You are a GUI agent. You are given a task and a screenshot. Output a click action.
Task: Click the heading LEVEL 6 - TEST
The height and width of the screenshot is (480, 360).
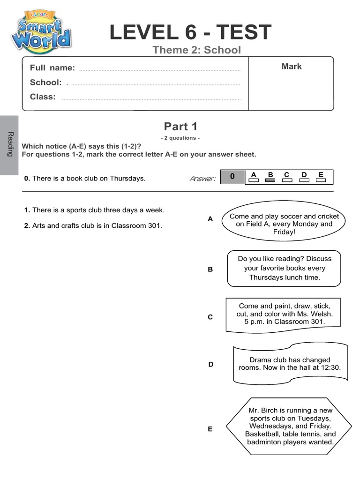190,32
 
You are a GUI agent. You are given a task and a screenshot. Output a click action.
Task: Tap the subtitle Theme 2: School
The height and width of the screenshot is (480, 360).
196,50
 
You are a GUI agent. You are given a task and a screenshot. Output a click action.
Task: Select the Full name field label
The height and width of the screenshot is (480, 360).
52,68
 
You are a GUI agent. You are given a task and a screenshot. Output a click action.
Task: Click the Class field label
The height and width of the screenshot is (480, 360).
43,97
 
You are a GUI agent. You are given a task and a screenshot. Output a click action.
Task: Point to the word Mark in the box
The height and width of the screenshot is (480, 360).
291,67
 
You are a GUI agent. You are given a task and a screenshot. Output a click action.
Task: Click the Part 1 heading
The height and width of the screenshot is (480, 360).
180,127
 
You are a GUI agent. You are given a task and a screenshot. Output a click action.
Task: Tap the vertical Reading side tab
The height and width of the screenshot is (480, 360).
10,145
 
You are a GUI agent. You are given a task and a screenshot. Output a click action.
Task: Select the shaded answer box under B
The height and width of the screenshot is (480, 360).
270,180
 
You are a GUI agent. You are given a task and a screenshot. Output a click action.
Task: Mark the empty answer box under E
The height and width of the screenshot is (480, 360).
321,180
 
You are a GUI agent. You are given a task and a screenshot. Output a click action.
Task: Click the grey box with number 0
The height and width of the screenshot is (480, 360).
232,177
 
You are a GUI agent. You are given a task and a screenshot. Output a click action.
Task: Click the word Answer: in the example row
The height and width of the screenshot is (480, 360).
202,179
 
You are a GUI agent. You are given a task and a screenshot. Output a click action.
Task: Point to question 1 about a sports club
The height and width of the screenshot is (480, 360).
94,210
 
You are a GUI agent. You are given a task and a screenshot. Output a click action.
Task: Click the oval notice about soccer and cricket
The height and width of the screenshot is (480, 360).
284,224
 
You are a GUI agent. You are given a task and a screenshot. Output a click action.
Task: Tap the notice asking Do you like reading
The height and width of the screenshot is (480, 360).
284,268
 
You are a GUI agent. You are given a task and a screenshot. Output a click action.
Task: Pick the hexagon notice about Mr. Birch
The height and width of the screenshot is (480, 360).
290,427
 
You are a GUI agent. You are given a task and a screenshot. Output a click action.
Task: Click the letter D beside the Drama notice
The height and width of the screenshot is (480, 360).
210,364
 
